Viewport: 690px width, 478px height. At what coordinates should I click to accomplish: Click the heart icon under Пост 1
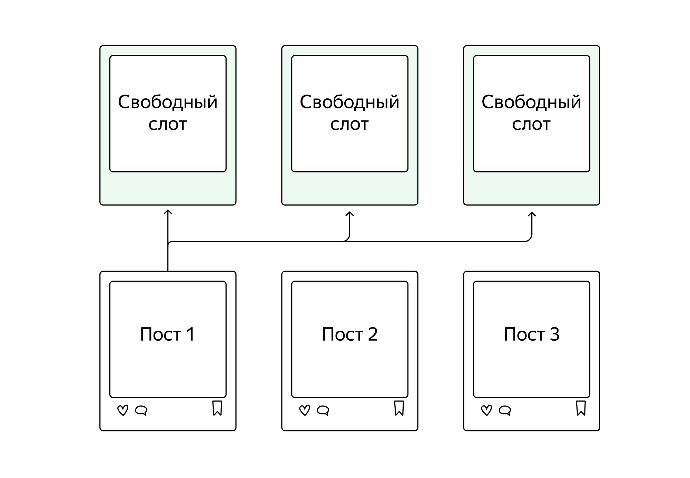pyautogui.click(x=123, y=410)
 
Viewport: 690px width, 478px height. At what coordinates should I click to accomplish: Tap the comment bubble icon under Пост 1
pyautogui.click(x=141, y=410)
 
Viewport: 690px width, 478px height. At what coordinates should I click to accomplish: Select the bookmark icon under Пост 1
pyautogui.click(x=217, y=408)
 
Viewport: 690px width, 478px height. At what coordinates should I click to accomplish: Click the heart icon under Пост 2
pyautogui.click(x=305, y=410)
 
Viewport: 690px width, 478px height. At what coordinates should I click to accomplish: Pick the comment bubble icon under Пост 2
pyautogui.click(x=323, y=410)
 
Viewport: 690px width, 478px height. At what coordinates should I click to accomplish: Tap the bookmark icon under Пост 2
pyautogui.click(x=399, y=408)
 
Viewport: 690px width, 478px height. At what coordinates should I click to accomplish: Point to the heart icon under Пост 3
pyautogui.click(x=486, y=410)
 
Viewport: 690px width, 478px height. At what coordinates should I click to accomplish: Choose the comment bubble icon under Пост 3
pyautogui.click(x=505, y=410)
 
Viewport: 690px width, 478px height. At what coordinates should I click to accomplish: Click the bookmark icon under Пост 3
pyautogui.click(x=581, y=408)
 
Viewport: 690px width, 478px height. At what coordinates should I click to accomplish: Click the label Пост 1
pyautogui.click(x=168, y=334)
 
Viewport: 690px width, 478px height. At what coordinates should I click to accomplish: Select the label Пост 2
pyautogui.click(x=350, y=334)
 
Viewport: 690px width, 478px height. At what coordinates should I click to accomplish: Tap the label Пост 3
pyautogui.click(x=532, y=334)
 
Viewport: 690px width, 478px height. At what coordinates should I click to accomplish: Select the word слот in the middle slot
pyautogui.click(x=349, y=124)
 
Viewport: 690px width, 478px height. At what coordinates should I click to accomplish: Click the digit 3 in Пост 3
pyautogui.click(x=554, y=334)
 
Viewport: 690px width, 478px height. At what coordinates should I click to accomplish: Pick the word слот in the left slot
pyautogui.click(x=168, y=124)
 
